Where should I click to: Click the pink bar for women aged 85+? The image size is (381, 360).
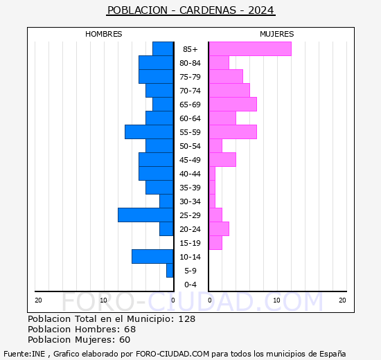[250, 48]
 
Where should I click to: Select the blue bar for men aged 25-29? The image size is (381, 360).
[145, 215]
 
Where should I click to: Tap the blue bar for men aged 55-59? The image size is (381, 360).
[149, 132]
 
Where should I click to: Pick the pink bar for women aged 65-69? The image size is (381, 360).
[233, 104]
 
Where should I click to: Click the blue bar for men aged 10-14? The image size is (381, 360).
[152, 256]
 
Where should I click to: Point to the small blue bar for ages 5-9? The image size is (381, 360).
[170, 270]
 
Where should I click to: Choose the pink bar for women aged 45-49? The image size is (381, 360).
[222, 159]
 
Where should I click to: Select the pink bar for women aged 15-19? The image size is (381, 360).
[215, 242]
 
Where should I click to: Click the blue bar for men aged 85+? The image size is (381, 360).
[163, 48]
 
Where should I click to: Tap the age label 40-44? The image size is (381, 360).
[190, 174]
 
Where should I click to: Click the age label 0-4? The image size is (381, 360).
[190, 285]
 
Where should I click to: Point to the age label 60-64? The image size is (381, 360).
[190, 118]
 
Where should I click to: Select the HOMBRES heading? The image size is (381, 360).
[104, 34]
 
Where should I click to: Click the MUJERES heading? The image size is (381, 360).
[277, 34]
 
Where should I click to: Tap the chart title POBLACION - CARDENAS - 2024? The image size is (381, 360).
[190, 10]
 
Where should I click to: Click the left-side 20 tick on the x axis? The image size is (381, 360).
[39, 300]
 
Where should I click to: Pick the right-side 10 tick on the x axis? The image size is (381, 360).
[276, 300]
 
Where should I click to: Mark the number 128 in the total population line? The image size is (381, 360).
[187, 318]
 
